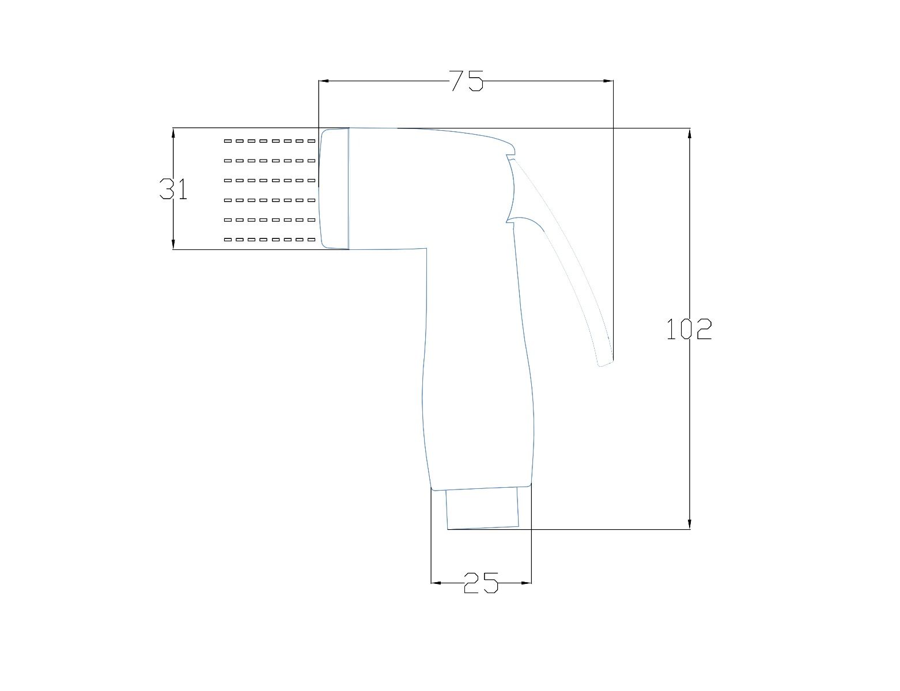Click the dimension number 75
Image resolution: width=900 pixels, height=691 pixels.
pyautogui.click(x=466, y=81)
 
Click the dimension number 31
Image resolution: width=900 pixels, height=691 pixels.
pyautogui.click(x=173, y=189)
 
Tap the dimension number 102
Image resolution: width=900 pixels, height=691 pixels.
pyautogui.click(x=689, y=329)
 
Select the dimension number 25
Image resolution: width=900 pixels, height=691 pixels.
pyautogui.click(x=481, y=583)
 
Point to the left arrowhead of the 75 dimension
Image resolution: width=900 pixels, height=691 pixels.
pyautogui.click(x=323, y=81)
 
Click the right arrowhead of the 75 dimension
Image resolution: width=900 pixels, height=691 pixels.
pyautogui.click(x=608, y=81)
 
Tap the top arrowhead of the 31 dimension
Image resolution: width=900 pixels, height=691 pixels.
pyautogui.click(x=173, y=133)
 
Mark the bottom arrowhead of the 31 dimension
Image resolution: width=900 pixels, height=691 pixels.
pyautogui.click(x=173, y=244)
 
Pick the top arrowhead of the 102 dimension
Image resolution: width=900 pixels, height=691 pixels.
pyautogui.click(x=690, y=134)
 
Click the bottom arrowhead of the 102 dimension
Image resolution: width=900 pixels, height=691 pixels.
pyautogui.click(x=690, y=524)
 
